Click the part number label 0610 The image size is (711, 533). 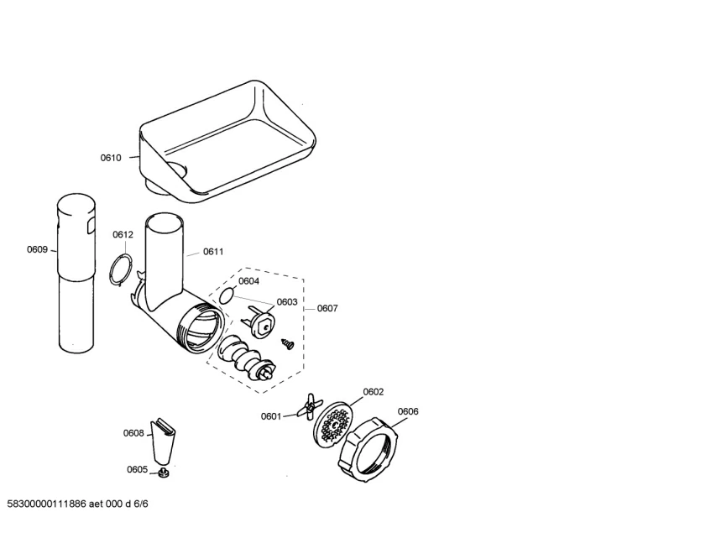tap(111, 158)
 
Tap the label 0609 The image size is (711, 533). tap(37, 249)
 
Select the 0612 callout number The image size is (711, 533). tap(123, 235)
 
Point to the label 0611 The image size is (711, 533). tap(212, 251)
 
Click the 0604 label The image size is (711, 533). tap(248, 281)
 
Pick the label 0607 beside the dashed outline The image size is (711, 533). tap(327, 308)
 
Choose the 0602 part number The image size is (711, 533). tap(374, 392)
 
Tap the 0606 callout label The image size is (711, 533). tap(408, 411)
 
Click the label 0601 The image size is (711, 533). tap(271, 415)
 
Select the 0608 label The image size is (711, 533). tap(133, 433)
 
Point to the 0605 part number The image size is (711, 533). tap(137, 469)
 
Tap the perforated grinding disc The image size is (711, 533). tap(335, 425)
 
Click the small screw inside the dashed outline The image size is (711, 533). tap(290, 343)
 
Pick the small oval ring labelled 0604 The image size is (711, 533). tap(226, 295)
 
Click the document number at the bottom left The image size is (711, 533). tap(77, 505)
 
